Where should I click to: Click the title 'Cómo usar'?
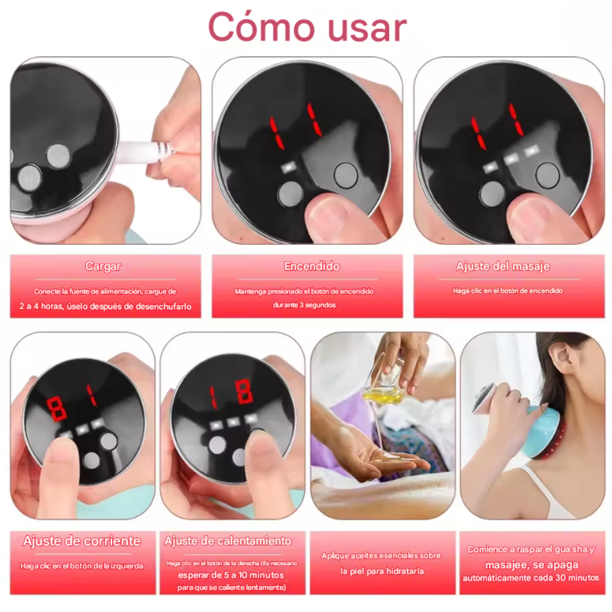point(307,28)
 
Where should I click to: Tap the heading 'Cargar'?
point(103,266)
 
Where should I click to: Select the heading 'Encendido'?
point(312,266)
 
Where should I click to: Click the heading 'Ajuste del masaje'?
point(503,266)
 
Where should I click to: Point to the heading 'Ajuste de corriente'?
point(82,541)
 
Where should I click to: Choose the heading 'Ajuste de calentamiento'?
point(228,541)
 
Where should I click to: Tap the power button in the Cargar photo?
point(30,177)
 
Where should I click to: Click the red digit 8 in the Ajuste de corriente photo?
point(56,409)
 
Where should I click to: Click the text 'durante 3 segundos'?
point(304,305)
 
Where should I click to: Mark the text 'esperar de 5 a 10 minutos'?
point(231,575)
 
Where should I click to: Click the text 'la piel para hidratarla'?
point(382,571)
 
